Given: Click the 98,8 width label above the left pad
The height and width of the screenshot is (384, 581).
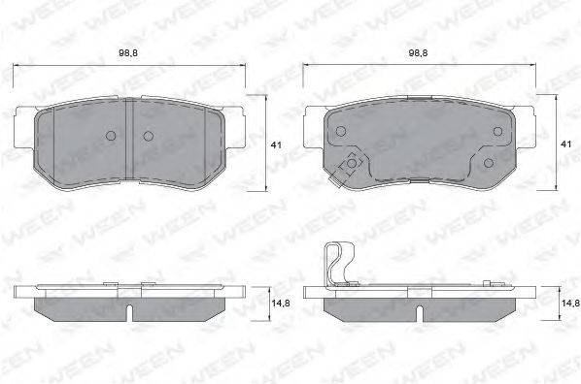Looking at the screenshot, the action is tap(128, 53).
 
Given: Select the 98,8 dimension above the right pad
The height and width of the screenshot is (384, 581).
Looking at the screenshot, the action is tap(418, 53).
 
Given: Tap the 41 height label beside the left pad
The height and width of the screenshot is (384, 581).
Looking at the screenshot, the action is tap(276, 145).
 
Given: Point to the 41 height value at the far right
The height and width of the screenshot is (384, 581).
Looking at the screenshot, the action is tap(565, 144).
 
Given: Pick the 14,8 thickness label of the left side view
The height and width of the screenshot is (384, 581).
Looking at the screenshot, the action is tap(281, 304).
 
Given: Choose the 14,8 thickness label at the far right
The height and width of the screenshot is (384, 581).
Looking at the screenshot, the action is tap(570, 304).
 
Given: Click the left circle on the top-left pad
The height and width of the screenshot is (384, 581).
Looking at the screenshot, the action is tap(111, 136).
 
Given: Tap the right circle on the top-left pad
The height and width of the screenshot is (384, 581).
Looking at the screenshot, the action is tap(149, 136).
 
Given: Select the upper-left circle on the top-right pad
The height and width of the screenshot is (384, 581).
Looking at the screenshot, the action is tap(340, 131).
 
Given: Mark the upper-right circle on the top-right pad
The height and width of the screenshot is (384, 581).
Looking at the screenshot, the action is tap(497, 131).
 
